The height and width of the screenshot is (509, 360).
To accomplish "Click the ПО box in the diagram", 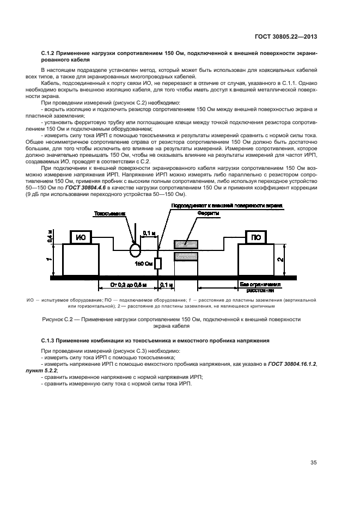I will pos(255,237).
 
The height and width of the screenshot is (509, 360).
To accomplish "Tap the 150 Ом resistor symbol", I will pos(158,263).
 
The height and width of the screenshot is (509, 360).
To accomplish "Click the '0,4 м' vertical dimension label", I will pos(51,235).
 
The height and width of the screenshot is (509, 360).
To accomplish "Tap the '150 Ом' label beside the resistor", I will pos(143,264).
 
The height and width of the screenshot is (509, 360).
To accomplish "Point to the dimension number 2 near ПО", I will pos(279,259).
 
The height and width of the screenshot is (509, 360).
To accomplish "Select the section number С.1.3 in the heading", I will pos(50,340).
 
